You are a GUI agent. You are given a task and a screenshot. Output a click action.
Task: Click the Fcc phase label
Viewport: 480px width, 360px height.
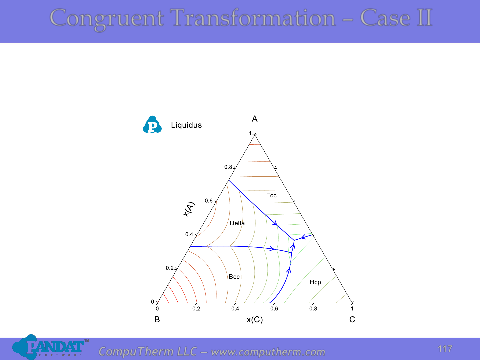pos(271,195)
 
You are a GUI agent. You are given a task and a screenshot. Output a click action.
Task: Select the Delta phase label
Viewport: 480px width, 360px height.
pos(237,223)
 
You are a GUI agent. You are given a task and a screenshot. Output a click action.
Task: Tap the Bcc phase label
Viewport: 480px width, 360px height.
pos(234,277)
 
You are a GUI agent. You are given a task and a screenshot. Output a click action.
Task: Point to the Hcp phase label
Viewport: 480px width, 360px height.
pos(315,282)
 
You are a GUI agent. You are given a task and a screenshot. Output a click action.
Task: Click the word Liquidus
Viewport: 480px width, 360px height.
pos(186,125)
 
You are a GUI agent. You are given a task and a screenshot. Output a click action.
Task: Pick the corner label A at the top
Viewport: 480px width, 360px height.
pos(255,119)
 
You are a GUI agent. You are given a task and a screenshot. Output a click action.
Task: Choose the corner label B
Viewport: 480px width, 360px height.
pos(157,320)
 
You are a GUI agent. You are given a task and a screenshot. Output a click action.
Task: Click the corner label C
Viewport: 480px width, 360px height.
pos(352,320)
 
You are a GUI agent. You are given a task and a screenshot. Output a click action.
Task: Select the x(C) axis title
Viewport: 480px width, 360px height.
pos(255,320)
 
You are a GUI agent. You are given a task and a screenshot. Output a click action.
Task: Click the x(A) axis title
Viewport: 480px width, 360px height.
pos(189,209)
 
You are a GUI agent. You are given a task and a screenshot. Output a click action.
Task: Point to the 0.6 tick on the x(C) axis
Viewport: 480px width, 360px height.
pos(274,309)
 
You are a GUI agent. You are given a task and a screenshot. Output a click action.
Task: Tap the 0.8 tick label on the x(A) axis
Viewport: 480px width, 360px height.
pos(228,167)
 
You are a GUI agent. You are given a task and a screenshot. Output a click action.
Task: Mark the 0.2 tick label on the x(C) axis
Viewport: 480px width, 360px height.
pos(196,309)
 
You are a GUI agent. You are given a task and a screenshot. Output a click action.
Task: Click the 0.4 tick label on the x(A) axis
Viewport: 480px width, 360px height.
pos(189,234)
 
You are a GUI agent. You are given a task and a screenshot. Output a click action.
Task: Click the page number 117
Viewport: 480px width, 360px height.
pos(445,349)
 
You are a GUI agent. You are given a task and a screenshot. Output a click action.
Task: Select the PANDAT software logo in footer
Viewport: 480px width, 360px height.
pos(50,347)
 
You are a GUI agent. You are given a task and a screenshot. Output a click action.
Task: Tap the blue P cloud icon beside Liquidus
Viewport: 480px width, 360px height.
pos(152,124)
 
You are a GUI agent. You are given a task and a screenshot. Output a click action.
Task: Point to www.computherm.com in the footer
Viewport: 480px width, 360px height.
pos(268,352)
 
